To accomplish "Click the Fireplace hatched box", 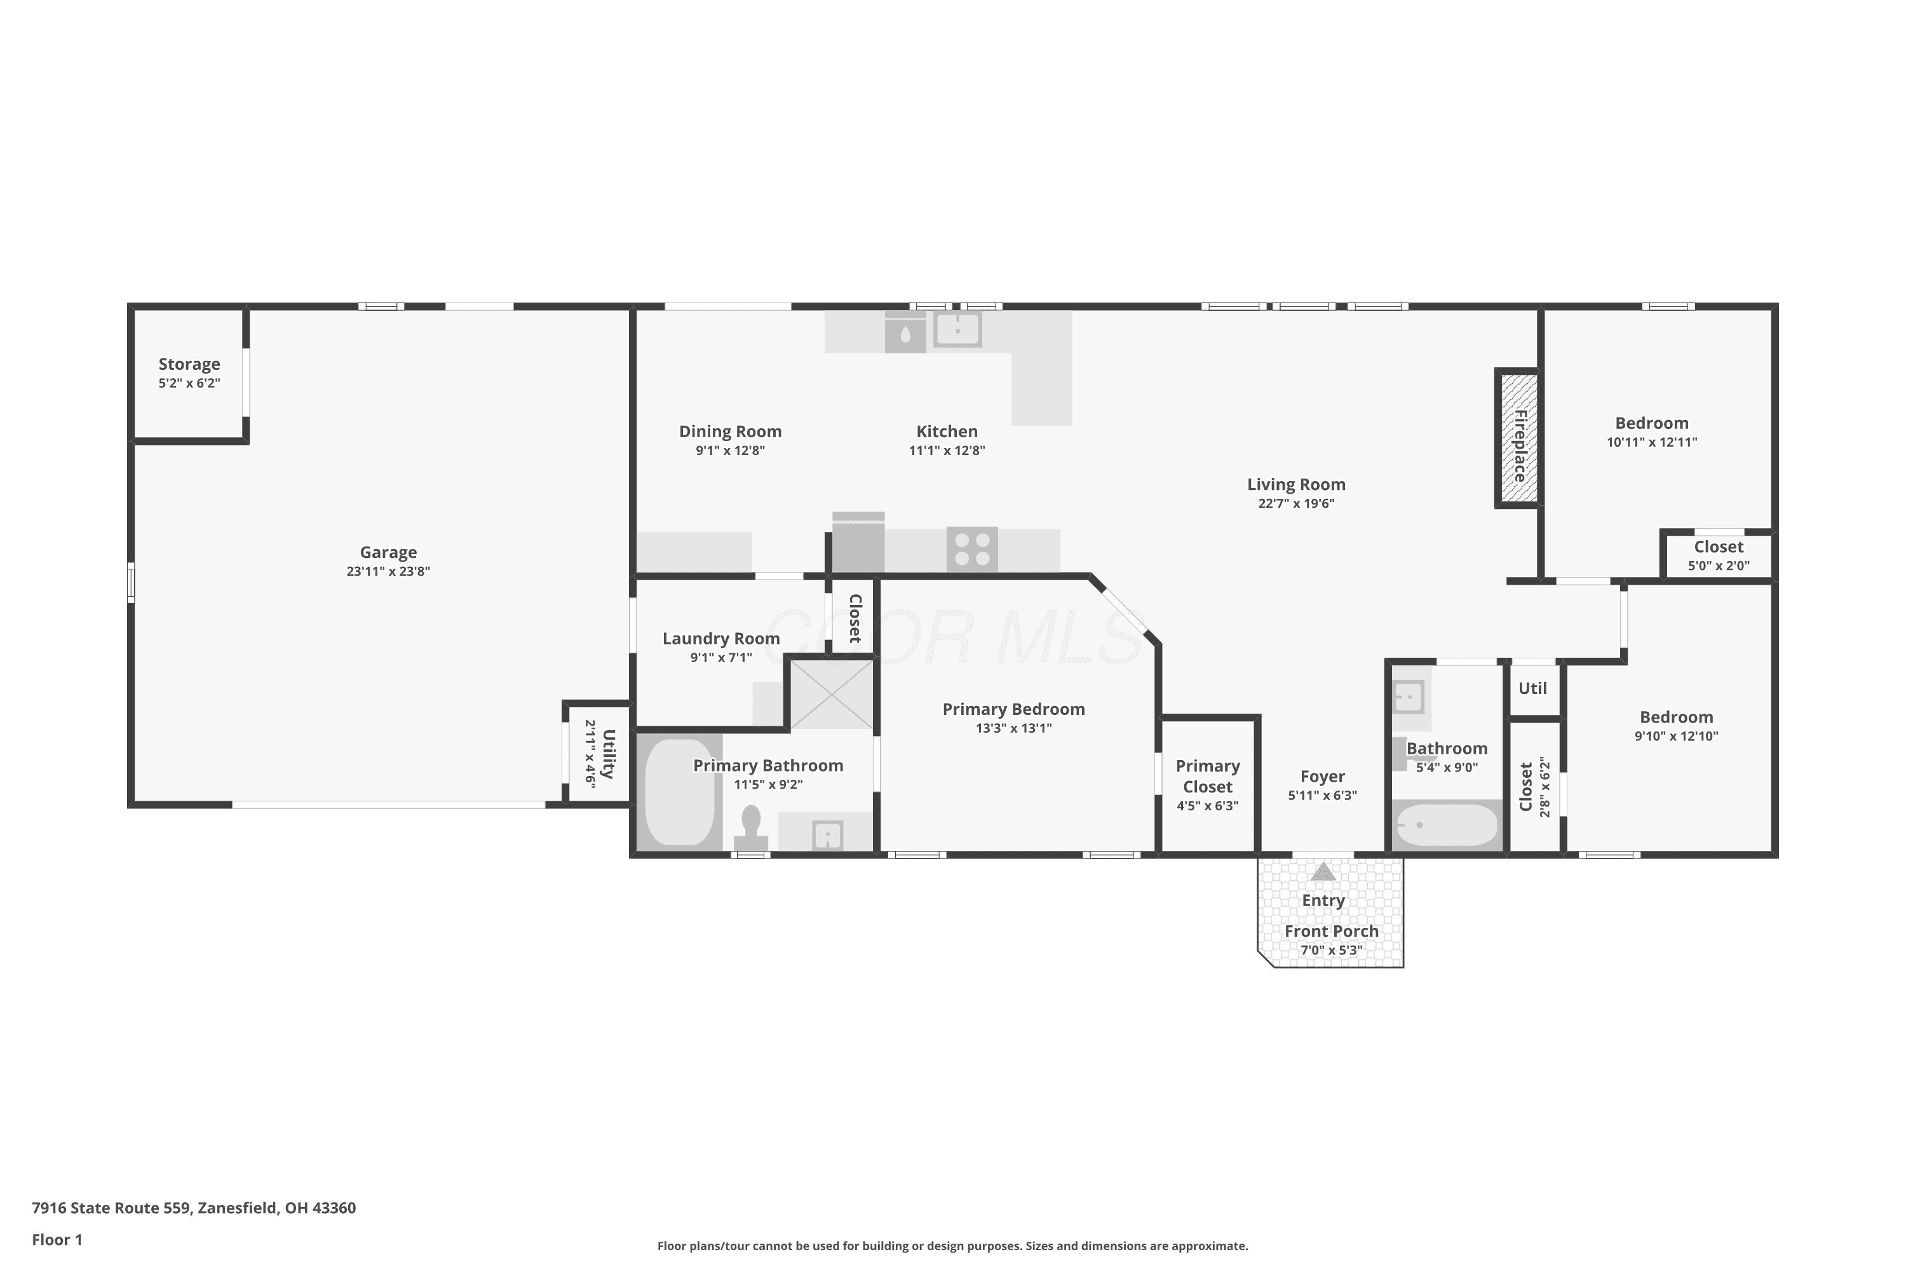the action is coord(1517,438).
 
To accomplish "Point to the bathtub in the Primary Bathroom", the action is coord(679,791).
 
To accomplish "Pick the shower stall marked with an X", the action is coord(832,695).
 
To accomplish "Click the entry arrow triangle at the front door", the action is coord(1323,871).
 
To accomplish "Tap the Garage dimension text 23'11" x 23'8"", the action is coord(388,571).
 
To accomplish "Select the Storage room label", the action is coord(189,365).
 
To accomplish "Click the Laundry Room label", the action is coord(721,639).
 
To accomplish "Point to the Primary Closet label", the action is coord(1208,777).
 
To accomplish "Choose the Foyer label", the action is coord(1323,777).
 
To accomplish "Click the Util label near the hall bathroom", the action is coord(1532,688).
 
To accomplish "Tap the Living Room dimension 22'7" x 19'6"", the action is coord(1296,503).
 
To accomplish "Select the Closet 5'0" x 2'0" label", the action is coord(1719,555).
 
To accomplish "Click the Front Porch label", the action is coord(1332,932).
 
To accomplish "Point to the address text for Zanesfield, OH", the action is coord(194,1208).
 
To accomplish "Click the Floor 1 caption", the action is coord(57,1239).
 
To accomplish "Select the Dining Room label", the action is coord(730,432).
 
